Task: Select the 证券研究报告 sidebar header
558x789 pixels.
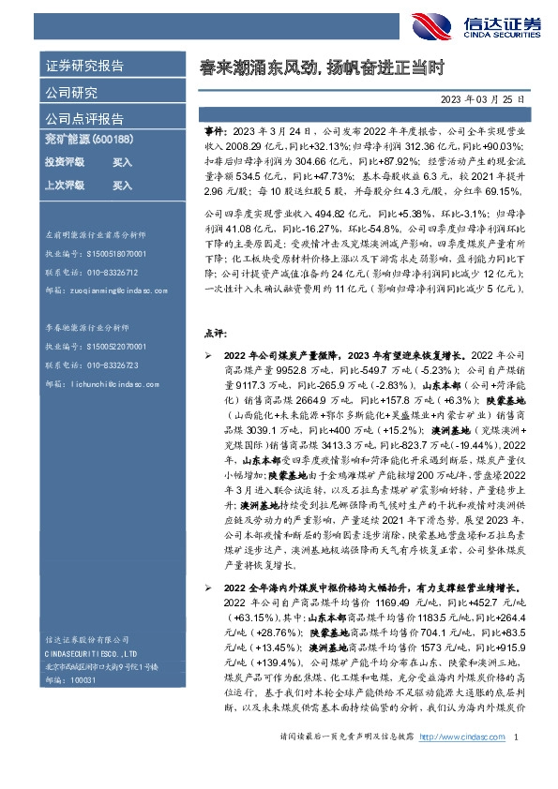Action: click(x=84, y=67)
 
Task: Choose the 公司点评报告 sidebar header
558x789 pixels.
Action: click(x=84, y=119)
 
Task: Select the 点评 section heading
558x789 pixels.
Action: click(x=215, y=333)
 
